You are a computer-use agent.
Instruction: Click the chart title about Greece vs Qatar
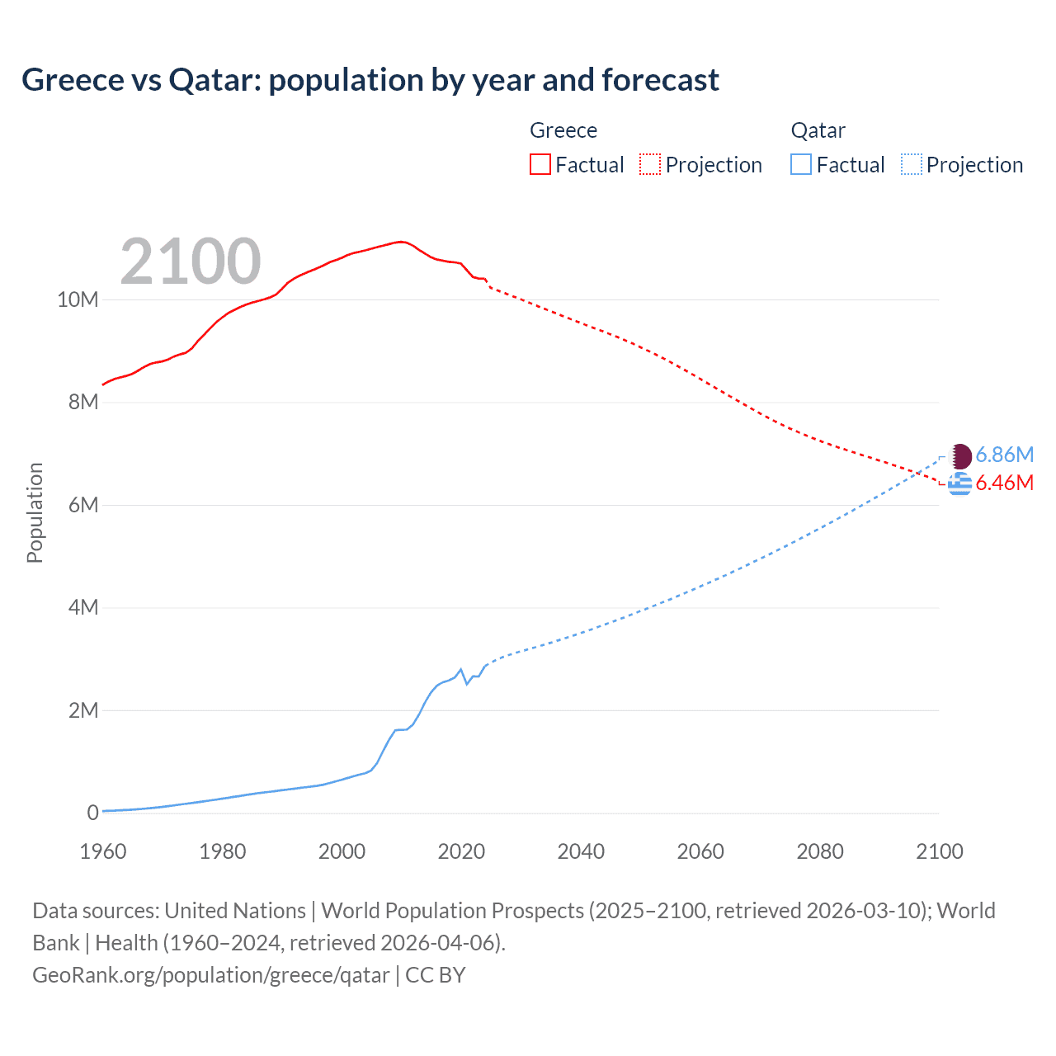[370, 80]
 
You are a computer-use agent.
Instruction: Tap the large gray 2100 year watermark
[191, 262]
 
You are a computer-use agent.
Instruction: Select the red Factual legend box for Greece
[540, 165]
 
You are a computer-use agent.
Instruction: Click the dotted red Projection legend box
[650, 165]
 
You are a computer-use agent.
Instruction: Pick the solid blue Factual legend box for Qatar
[801, 165]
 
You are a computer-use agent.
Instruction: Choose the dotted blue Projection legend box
[912, 165]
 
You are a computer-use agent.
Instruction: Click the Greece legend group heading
[563, 130]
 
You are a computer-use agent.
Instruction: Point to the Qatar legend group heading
[818, 130]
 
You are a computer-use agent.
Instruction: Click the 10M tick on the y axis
[78, 299]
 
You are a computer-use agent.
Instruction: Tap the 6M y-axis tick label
[82, 505]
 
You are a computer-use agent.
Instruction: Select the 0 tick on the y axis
[92, 813]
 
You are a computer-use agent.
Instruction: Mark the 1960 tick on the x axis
[103, 851]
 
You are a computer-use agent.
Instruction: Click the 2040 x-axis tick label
[581, 851]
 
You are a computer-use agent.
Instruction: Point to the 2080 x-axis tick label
[820, 851]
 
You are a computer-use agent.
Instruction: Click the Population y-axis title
[35, 512]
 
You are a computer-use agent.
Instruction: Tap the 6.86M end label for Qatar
[1004, 455]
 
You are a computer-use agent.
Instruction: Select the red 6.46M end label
[1004, 483]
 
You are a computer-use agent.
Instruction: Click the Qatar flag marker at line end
[960, 455]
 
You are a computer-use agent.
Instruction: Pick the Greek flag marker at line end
[959, 484]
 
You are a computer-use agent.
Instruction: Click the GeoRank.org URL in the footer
[210, 975]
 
